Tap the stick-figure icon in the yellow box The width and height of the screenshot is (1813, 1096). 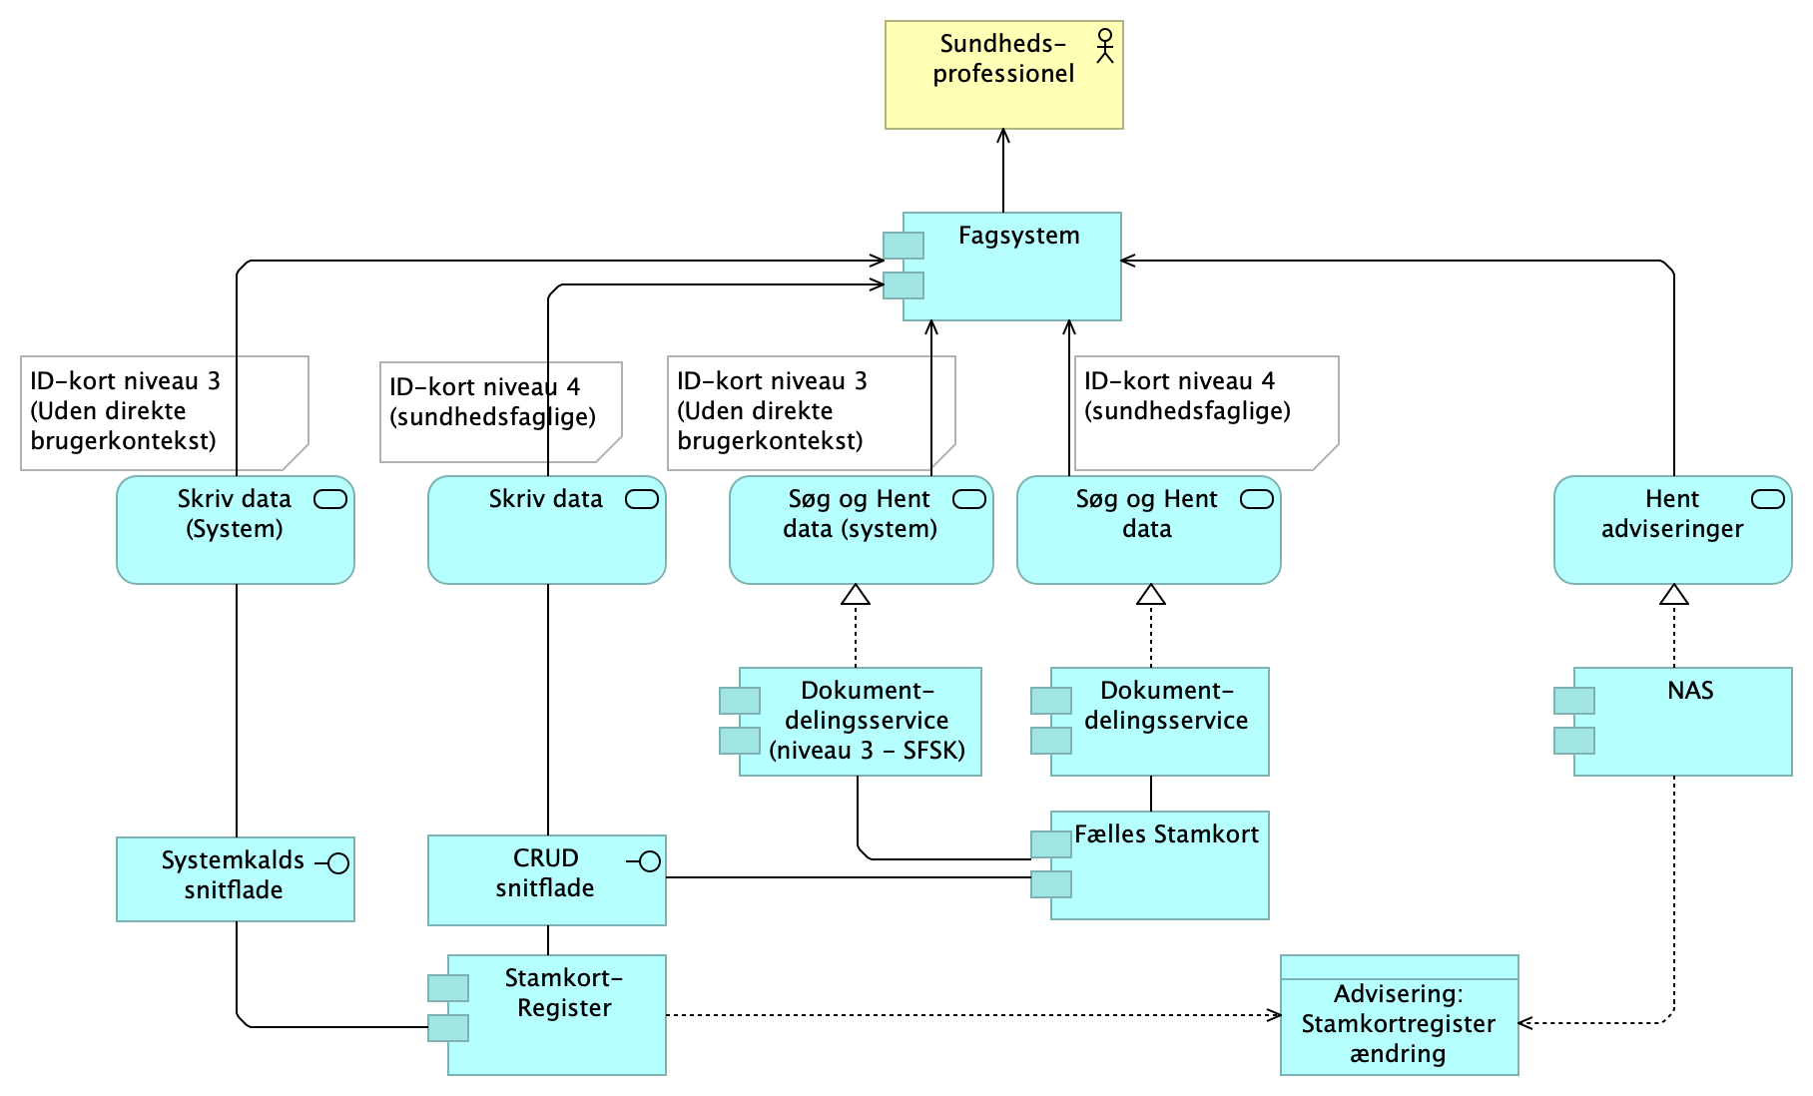coord(1104,46)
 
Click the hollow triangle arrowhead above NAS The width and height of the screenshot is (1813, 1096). coord(1674,595)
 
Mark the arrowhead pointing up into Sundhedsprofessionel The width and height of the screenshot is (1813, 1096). coord(1003,136)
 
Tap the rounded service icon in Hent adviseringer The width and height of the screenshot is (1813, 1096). coord(1768,499)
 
